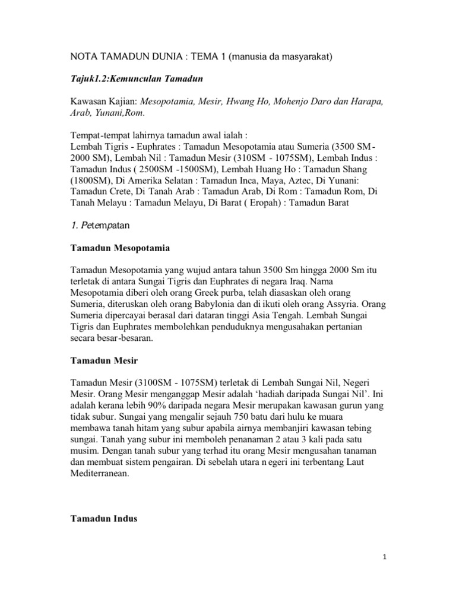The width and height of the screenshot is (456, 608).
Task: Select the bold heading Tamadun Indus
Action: pyautogui.click(x=104, y=518)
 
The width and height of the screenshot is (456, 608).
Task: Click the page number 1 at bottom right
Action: pyautogui.click(x=385, y=558)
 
